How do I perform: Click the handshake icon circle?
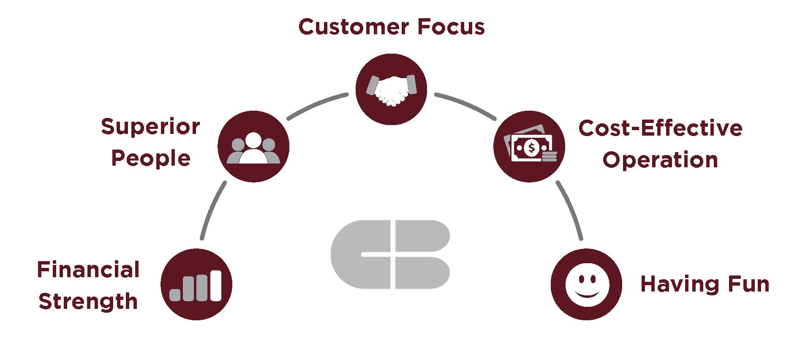coord(391,89)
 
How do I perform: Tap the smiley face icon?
coord(587,284)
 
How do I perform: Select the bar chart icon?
coord(196,284)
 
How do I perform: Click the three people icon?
coord(253,147)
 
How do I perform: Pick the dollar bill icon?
coord(529,147)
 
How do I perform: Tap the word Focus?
coord(451,27)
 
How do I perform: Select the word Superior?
coord(150,127)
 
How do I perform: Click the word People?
coord(151,159)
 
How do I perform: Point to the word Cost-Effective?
coord(660,128)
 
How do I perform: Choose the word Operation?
coord(660,160)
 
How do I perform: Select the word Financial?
coord(88,270)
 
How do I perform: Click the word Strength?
coord(88,302)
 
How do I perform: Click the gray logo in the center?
coord(390,254)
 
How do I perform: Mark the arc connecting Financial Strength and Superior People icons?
coord(211,210)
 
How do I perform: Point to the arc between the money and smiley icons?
coord(571,210)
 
